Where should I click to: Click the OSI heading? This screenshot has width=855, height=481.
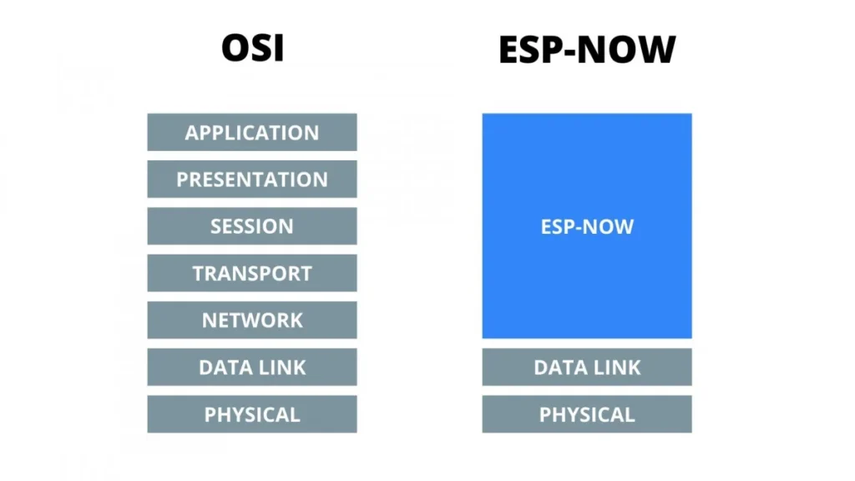coord(252,48)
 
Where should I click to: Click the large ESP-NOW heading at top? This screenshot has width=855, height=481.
coord(586,50)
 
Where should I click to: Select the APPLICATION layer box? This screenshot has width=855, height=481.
coord(252,133)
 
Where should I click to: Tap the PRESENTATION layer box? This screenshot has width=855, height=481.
coord(252,180)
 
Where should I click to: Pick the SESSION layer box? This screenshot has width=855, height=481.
coord(252,226)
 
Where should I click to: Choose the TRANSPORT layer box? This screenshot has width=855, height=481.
coord(252,273)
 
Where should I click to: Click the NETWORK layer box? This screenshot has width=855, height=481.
coord(252,320)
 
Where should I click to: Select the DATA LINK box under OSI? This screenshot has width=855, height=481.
coord(252,367)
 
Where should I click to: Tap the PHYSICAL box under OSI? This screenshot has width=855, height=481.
coord(252,414)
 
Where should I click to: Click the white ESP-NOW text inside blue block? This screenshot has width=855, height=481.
coord(587,226)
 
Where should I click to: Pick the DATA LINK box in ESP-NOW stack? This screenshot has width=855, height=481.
coord(587,367)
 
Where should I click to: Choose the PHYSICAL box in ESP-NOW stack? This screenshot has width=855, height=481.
coord(587,414)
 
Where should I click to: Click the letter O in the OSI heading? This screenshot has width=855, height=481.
coord(234,48)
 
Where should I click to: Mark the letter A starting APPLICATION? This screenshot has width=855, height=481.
coord(192,133)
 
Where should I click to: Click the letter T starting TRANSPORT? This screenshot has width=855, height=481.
coord(199,273)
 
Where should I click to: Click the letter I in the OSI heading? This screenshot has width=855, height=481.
coord(279,48)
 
